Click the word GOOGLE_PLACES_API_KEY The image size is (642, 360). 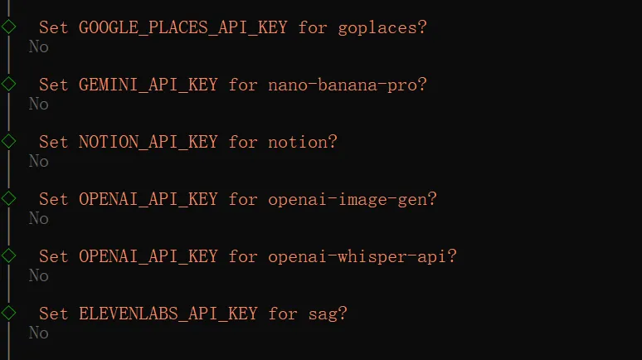(x=182, y=27)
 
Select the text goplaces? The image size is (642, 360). (x=382, y=27)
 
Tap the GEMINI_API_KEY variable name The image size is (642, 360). (x=148, y=85)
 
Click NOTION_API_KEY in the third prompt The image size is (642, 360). (x=148, y=142)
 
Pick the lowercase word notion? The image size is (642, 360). (x=302, y=142)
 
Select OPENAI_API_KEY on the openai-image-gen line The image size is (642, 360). (x=148, y=199)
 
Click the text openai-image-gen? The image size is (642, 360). (x=352, y=199)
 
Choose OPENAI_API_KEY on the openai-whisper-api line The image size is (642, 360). (x=148, y=256)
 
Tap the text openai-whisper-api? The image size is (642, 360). (x=362, y=256)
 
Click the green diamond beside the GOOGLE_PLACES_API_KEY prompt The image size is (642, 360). (x=8, y=27)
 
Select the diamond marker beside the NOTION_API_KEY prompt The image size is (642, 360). (x=8, y=141)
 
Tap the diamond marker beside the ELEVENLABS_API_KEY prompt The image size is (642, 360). (x=8, y=313)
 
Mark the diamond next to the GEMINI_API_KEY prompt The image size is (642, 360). (x=8, y=84)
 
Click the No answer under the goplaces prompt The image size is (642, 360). (x=38, y=46)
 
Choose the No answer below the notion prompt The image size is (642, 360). (x=38, y=161)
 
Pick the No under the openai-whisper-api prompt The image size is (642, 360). (x=38, y=275)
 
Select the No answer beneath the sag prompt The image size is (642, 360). (x=38, y=333)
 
